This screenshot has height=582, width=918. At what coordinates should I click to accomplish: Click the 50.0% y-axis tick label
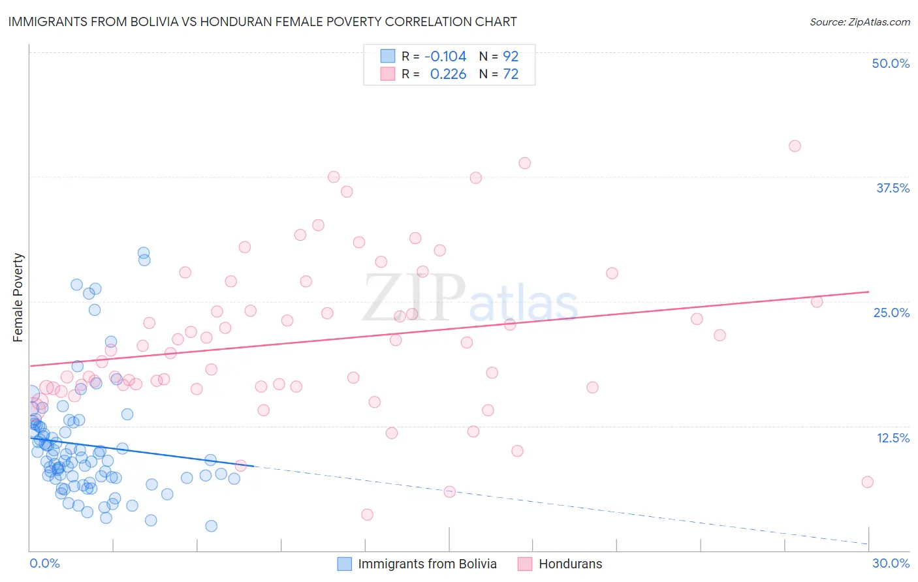point(891,63)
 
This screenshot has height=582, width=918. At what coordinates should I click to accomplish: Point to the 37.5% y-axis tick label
point(893,188)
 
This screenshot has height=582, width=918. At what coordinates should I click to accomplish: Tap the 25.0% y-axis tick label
point(891,313)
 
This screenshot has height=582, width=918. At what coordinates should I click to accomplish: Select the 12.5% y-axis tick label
point(893,437)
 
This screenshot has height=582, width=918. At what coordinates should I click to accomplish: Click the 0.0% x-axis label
point(44,563)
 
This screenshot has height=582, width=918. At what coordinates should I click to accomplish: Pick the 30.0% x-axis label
point(891,563)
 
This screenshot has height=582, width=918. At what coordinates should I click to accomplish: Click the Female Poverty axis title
point(18,298)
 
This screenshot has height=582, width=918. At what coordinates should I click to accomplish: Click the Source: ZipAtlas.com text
point(859,22)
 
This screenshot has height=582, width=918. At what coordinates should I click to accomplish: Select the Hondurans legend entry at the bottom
point(570,564)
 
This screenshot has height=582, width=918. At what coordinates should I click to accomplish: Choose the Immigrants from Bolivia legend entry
point(427,564)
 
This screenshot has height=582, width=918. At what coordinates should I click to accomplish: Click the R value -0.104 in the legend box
point(445,56)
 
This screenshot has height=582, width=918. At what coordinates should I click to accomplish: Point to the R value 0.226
point(448,74)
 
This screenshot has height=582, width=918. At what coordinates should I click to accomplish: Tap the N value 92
point(511,56)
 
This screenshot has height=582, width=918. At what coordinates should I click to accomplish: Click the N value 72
point(511,74)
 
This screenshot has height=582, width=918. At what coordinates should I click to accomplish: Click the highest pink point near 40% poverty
point(795,146)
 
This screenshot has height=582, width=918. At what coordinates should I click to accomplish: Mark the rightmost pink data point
point(867,482)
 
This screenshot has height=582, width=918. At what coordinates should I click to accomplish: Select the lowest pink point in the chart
point(367,515)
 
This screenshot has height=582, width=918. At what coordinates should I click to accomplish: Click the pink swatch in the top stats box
point(388,74)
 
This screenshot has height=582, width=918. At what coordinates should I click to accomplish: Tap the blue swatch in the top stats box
point(388,56)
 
